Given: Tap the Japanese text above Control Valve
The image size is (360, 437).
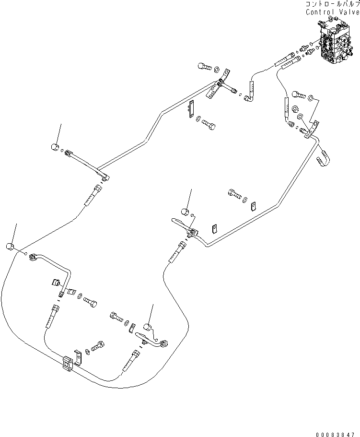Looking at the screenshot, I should click(331, 3).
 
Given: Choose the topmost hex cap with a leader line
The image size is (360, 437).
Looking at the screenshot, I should click(55, 147).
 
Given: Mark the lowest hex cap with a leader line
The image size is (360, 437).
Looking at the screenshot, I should click(149, 328).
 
